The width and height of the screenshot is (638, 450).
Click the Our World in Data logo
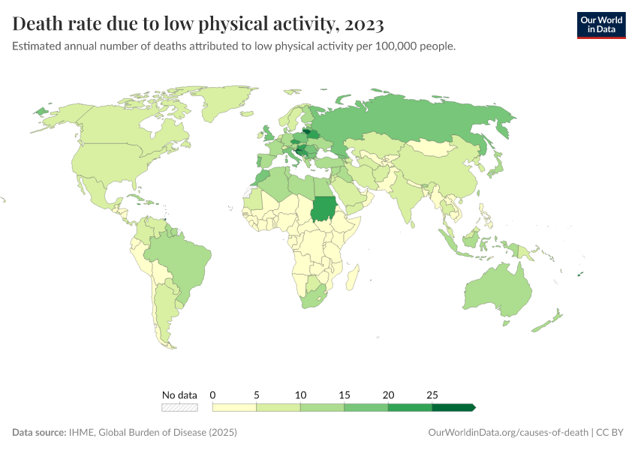click(600, 25)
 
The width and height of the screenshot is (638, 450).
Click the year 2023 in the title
click(361, 25)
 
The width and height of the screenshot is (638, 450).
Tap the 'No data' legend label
click(179, 394)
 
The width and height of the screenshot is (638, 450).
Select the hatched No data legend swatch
click(179, 407)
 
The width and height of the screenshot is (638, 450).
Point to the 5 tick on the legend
click(257, 394)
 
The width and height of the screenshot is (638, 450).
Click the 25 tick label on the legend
click(432, 394)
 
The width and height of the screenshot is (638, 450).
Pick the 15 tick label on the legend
click(344, 394)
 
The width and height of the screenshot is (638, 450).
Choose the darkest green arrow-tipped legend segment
click(453, 407)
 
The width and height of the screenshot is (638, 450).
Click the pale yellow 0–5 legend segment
click(235, 407)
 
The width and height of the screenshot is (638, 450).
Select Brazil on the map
click(180, 259)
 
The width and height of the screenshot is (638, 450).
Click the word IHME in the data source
click(80, 433)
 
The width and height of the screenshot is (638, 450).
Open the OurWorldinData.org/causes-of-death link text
click(507, 433)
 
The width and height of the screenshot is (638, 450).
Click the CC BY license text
click(611, 433)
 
